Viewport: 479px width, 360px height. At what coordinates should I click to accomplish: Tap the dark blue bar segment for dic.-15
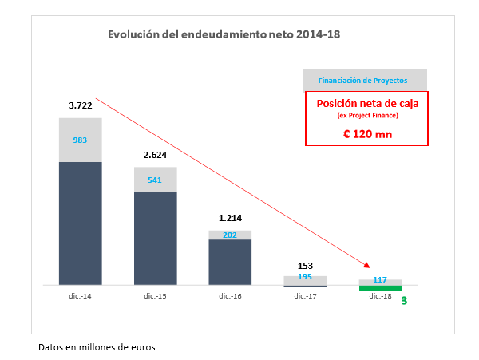155,237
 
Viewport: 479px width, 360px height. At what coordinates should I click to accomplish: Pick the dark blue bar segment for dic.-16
230,262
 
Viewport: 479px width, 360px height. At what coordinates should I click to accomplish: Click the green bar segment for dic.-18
380,287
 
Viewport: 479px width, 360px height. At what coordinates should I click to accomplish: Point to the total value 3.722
81,105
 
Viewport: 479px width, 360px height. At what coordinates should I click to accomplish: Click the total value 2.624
155,156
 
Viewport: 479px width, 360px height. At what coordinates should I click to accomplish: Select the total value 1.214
230,217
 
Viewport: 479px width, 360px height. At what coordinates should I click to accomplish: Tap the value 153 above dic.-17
304,265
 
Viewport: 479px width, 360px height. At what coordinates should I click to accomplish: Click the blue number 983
81,140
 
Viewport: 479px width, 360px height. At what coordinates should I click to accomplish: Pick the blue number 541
155,180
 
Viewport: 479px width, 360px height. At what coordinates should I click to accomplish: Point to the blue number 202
230,235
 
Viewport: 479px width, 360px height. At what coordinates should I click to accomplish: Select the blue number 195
304,276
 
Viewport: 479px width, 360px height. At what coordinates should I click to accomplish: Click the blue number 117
380,279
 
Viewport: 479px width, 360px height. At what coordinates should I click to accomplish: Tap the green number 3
405,302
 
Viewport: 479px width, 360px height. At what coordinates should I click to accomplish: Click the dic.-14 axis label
81,296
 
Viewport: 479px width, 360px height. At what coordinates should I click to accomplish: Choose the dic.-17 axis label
304,296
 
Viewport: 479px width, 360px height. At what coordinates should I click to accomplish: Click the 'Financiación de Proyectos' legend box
365,80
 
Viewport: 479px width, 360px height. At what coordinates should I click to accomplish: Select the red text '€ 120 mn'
367,133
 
